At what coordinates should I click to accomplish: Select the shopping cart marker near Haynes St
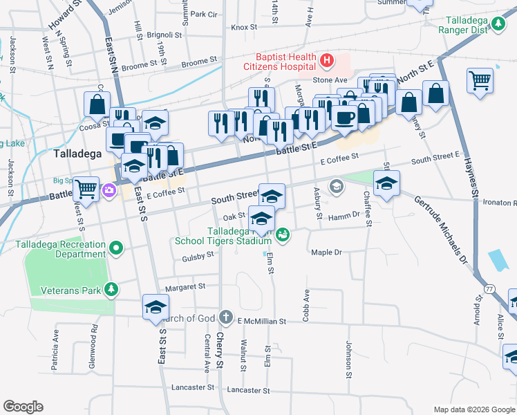(479, 80)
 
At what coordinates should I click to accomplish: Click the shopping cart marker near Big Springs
(86, 187)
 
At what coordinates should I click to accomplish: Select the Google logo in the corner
(23, 407)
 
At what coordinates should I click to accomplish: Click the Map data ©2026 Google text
(474, 409)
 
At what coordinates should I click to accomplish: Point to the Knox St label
(244, 28)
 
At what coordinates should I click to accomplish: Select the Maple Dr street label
(326, 252)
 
